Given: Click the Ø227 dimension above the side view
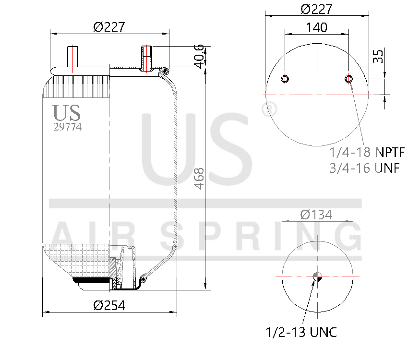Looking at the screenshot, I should click(x=109, y=27).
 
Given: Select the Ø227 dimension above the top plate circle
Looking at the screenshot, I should click(x=316, y=9).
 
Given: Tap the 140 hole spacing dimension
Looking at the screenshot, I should click(x=316, y=27).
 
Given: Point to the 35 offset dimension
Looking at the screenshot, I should click(x=378, y=56).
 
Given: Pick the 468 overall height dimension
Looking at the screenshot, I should click(x=199, y=178).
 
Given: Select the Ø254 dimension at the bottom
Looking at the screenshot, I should click(x=109, y=305).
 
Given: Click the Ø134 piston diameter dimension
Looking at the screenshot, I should click(x=316, y=215).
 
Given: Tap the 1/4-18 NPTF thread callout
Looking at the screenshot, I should click(x=367, y=153).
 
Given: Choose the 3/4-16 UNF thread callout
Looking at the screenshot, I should click(x=365, y=168).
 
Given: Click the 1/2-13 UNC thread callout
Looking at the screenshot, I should click(x=301, y=332).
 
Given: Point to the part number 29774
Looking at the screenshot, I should click(x=67, y=127).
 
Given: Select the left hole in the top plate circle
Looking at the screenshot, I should click(x=285, y=79).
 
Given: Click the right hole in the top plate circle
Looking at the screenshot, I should click(x=349, y=79).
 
